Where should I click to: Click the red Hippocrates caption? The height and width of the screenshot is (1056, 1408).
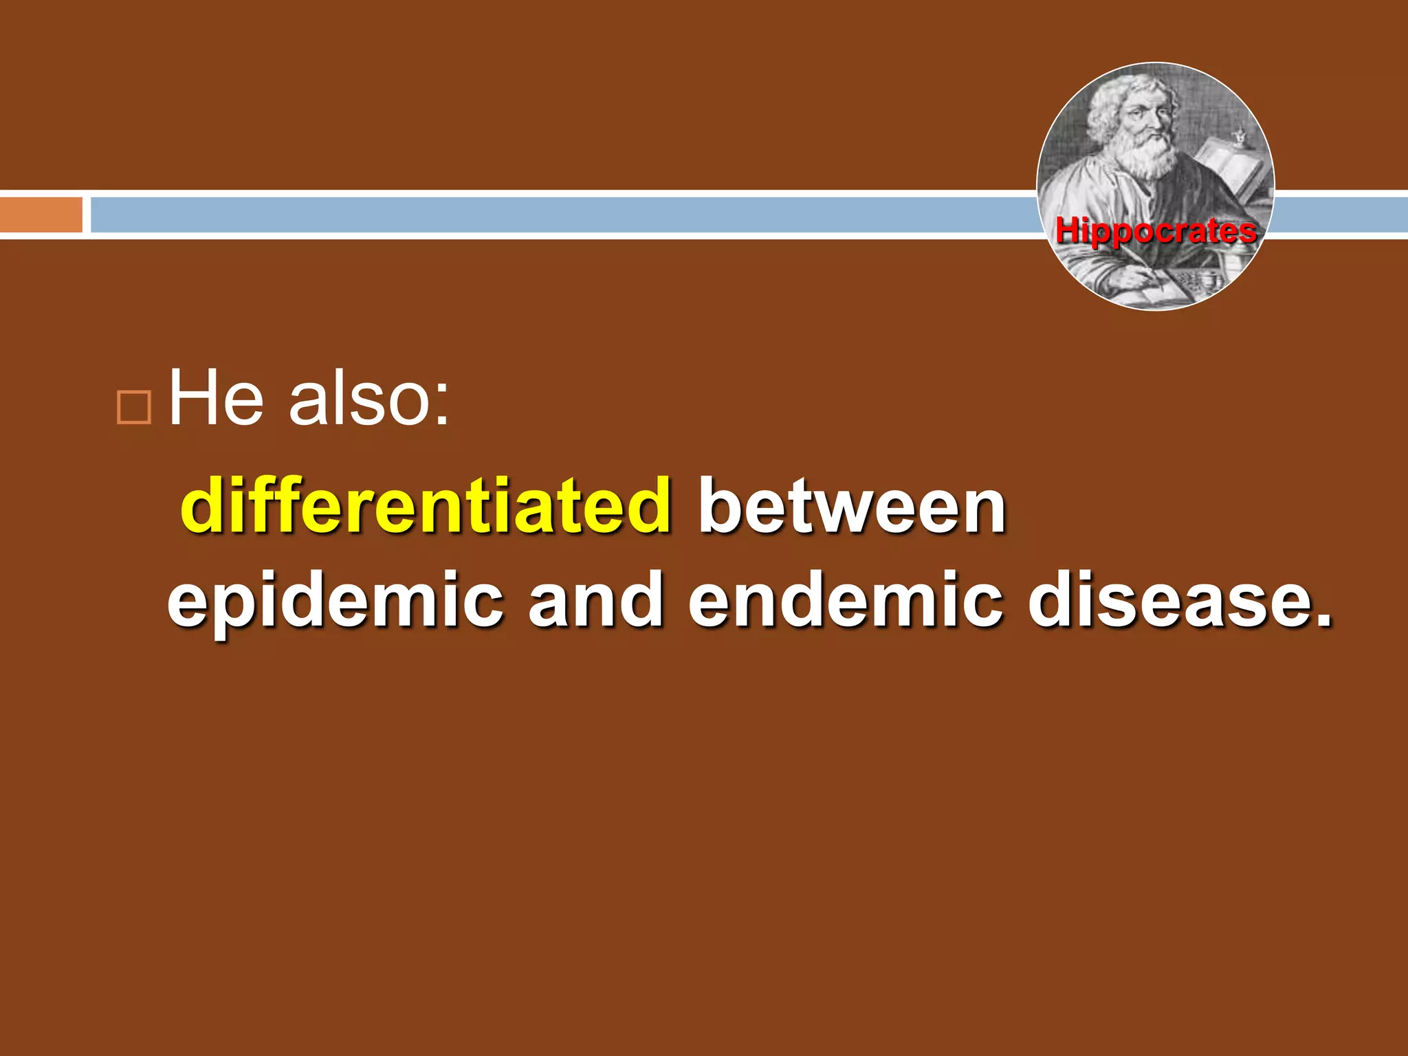click(1156, 231)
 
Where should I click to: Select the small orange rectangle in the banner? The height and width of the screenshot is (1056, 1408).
click(41, 214)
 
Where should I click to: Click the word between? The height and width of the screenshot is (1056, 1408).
click(852, 507)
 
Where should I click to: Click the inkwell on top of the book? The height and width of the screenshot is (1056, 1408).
click(1240, 135)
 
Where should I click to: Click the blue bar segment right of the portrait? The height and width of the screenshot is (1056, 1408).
click(1341, 214)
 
